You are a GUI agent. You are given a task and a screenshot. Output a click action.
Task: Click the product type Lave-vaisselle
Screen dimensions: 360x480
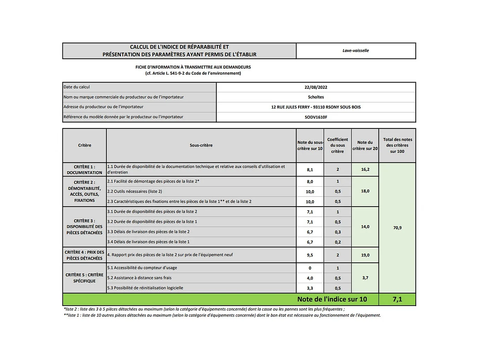pos(356,51)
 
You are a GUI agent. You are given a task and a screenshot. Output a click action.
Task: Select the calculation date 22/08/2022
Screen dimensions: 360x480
pos(316,87)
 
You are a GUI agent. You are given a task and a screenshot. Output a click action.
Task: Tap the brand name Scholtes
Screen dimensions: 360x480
pos(316,97)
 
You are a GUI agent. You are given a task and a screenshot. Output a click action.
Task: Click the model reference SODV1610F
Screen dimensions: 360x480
pos(316,117)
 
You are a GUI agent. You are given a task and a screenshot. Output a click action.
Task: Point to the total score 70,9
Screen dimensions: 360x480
pos(397,228)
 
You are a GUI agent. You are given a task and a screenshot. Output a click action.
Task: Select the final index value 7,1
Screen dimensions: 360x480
pos(397,299)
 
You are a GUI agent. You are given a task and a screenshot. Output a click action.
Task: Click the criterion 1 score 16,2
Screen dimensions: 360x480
pos(365,169)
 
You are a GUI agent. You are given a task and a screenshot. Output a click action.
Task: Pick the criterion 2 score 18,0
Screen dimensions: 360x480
pos(365,191)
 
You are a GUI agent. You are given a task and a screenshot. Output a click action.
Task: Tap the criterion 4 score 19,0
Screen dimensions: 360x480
pos(365,255)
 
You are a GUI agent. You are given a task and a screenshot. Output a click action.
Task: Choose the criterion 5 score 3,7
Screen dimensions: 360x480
pos(365,278)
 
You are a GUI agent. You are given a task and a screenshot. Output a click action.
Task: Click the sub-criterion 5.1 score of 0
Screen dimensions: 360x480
pos(310,268)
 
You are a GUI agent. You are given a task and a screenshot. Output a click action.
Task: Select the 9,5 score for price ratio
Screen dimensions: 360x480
pos(310,255)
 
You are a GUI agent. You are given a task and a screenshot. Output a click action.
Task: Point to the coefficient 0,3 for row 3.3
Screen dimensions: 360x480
pos(338,232)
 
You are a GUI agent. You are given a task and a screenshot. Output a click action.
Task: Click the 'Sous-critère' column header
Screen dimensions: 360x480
pos(201,145)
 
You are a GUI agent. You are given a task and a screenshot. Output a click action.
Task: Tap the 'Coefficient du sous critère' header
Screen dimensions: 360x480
pos(337,145)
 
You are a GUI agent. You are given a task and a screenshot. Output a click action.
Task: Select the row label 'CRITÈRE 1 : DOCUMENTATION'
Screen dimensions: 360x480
pos(85,169)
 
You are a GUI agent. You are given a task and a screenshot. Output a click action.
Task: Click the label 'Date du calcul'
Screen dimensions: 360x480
pos(77,87)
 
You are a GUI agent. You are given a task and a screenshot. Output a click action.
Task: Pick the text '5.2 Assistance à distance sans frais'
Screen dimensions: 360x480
pos(139,278)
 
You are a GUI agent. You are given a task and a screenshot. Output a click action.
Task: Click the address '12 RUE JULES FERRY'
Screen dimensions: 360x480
pos(291,107)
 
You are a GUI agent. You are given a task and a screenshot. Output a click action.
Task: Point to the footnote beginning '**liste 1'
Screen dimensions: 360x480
pos(222,315)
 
